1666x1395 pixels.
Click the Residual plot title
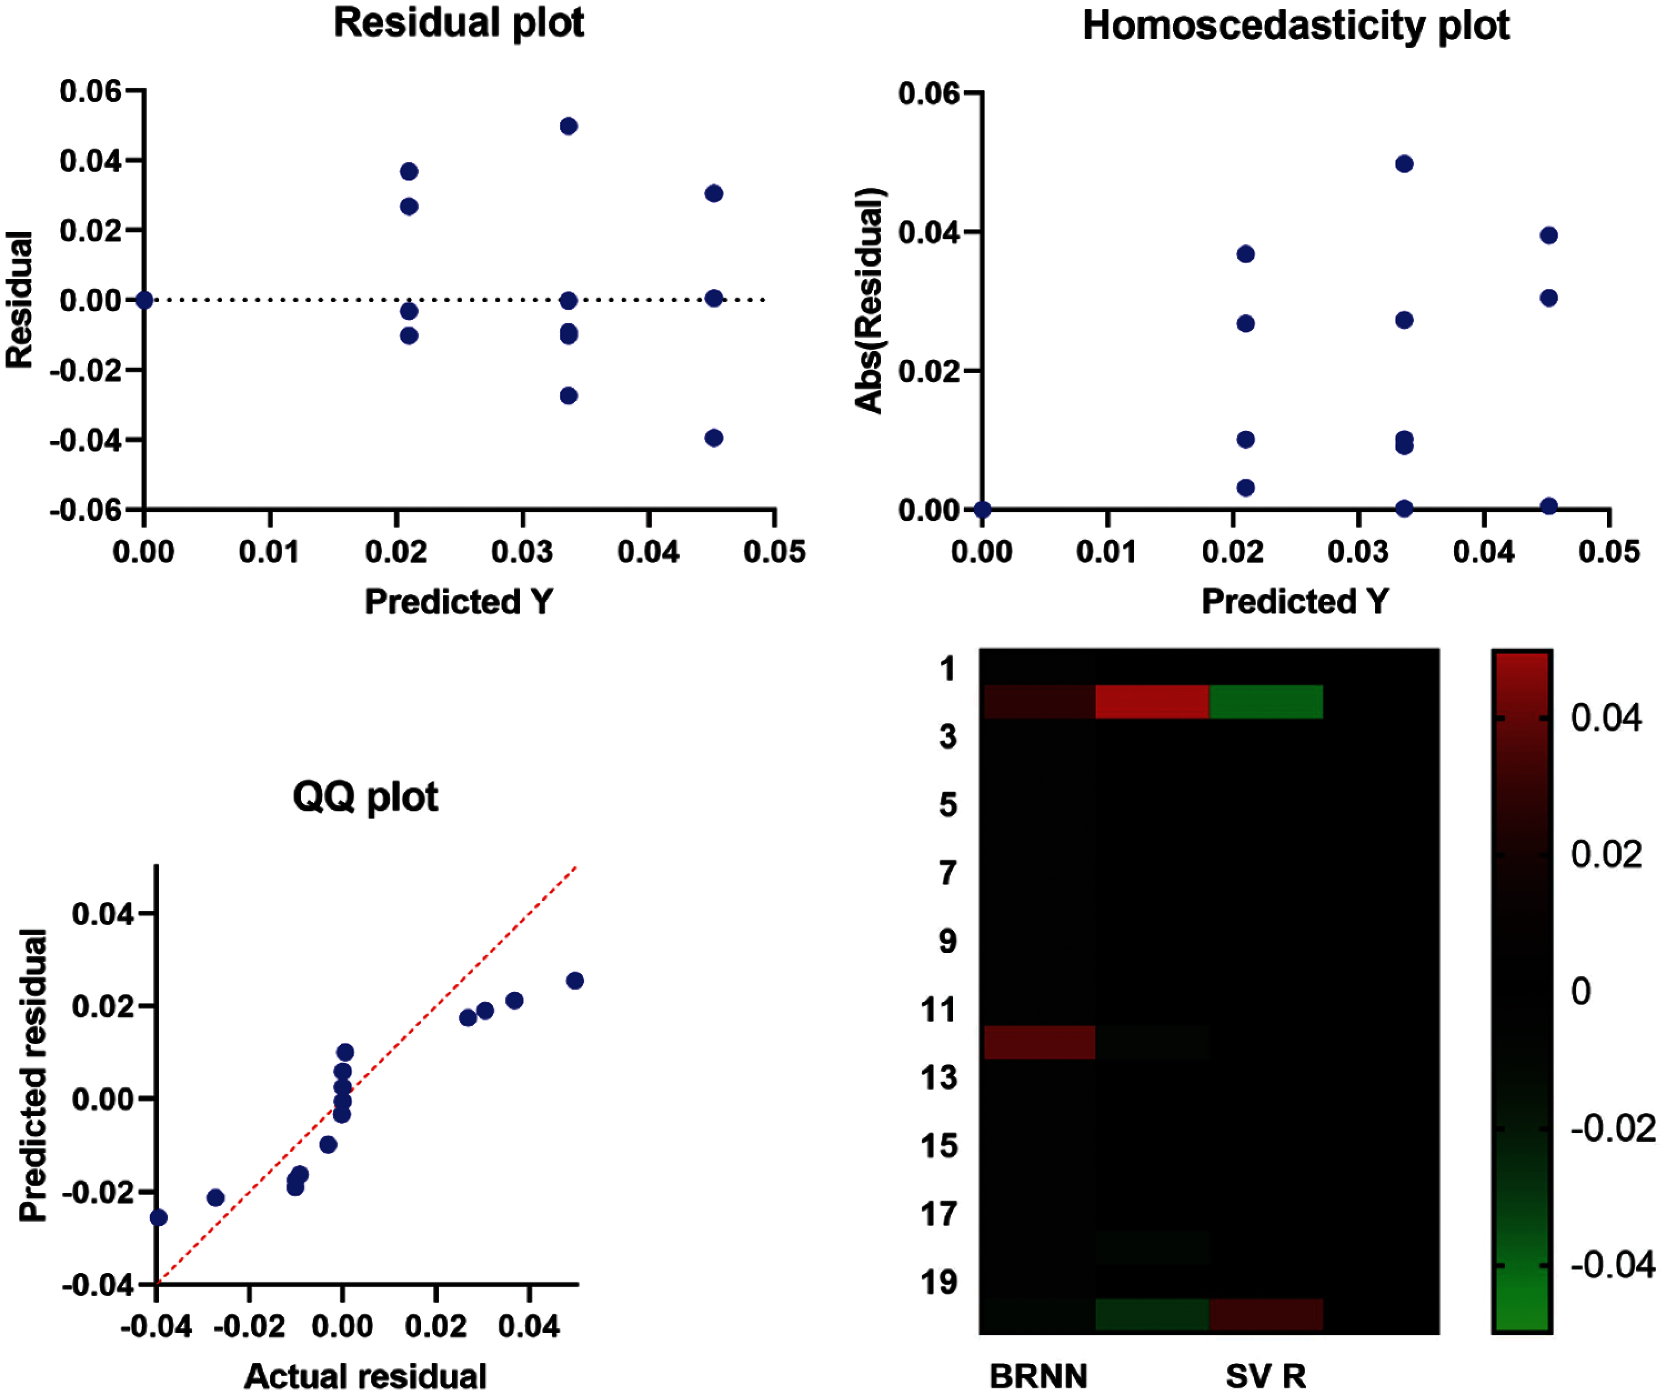[x=459, y=23]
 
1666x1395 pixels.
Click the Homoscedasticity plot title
[x=1296, y=26]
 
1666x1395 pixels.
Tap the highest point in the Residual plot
[x=569, y=126]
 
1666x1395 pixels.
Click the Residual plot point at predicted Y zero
[x=144, y=300]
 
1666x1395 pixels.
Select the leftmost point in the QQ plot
[x=159, y=1217]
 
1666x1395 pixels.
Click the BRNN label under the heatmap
[x=1038, y=1377]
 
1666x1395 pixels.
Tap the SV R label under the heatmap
[x=1266, y=1377]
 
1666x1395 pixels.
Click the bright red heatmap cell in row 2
[x=1152, y=702]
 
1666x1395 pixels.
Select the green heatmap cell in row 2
[x=1266, y=702]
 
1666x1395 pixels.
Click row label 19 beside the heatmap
[x=939, y=1282]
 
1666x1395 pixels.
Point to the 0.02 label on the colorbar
[x=1605, y=855]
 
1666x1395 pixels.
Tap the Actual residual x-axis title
[x=365, y=1377]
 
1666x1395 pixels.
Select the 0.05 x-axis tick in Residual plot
[x=774, y=551]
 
